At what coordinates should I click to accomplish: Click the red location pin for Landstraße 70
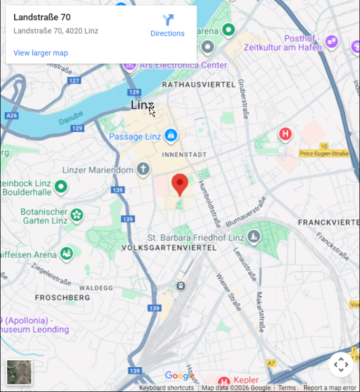click(180, 184)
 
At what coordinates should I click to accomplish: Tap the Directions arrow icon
click(168, 21)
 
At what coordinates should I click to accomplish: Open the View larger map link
click(41, 53)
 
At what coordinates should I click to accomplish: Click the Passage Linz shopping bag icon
click(170, 136)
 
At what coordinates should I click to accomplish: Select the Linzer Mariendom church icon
click(142, 169)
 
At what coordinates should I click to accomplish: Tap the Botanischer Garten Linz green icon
click(77, 214)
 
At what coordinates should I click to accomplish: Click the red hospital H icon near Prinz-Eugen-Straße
click(285, 134)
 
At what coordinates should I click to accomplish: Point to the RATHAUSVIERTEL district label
click(199, 84)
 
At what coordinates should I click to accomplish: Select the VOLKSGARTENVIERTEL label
click(169, 247)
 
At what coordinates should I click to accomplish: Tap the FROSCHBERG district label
click(62, 298)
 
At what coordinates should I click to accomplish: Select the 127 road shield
click(74, 81)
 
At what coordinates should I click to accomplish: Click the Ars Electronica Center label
click(183, 65)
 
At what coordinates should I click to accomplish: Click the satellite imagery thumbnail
click(20, 372)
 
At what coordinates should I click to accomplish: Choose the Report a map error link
click(330, 388)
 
